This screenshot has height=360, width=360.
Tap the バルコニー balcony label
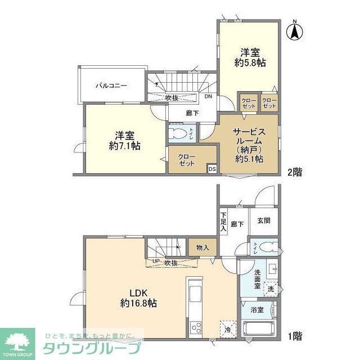[111, 86]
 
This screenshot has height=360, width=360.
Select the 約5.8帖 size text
[250, 63]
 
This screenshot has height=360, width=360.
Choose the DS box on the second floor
[212, 168]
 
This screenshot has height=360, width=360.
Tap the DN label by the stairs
[208, 97]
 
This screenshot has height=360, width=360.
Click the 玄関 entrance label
[264, 221]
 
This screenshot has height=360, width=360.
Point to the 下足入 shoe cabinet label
[223, 221]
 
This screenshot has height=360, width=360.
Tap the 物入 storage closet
[202, 248]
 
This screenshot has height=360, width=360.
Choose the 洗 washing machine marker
[271, 289]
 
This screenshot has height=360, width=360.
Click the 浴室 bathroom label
[257, 310]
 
